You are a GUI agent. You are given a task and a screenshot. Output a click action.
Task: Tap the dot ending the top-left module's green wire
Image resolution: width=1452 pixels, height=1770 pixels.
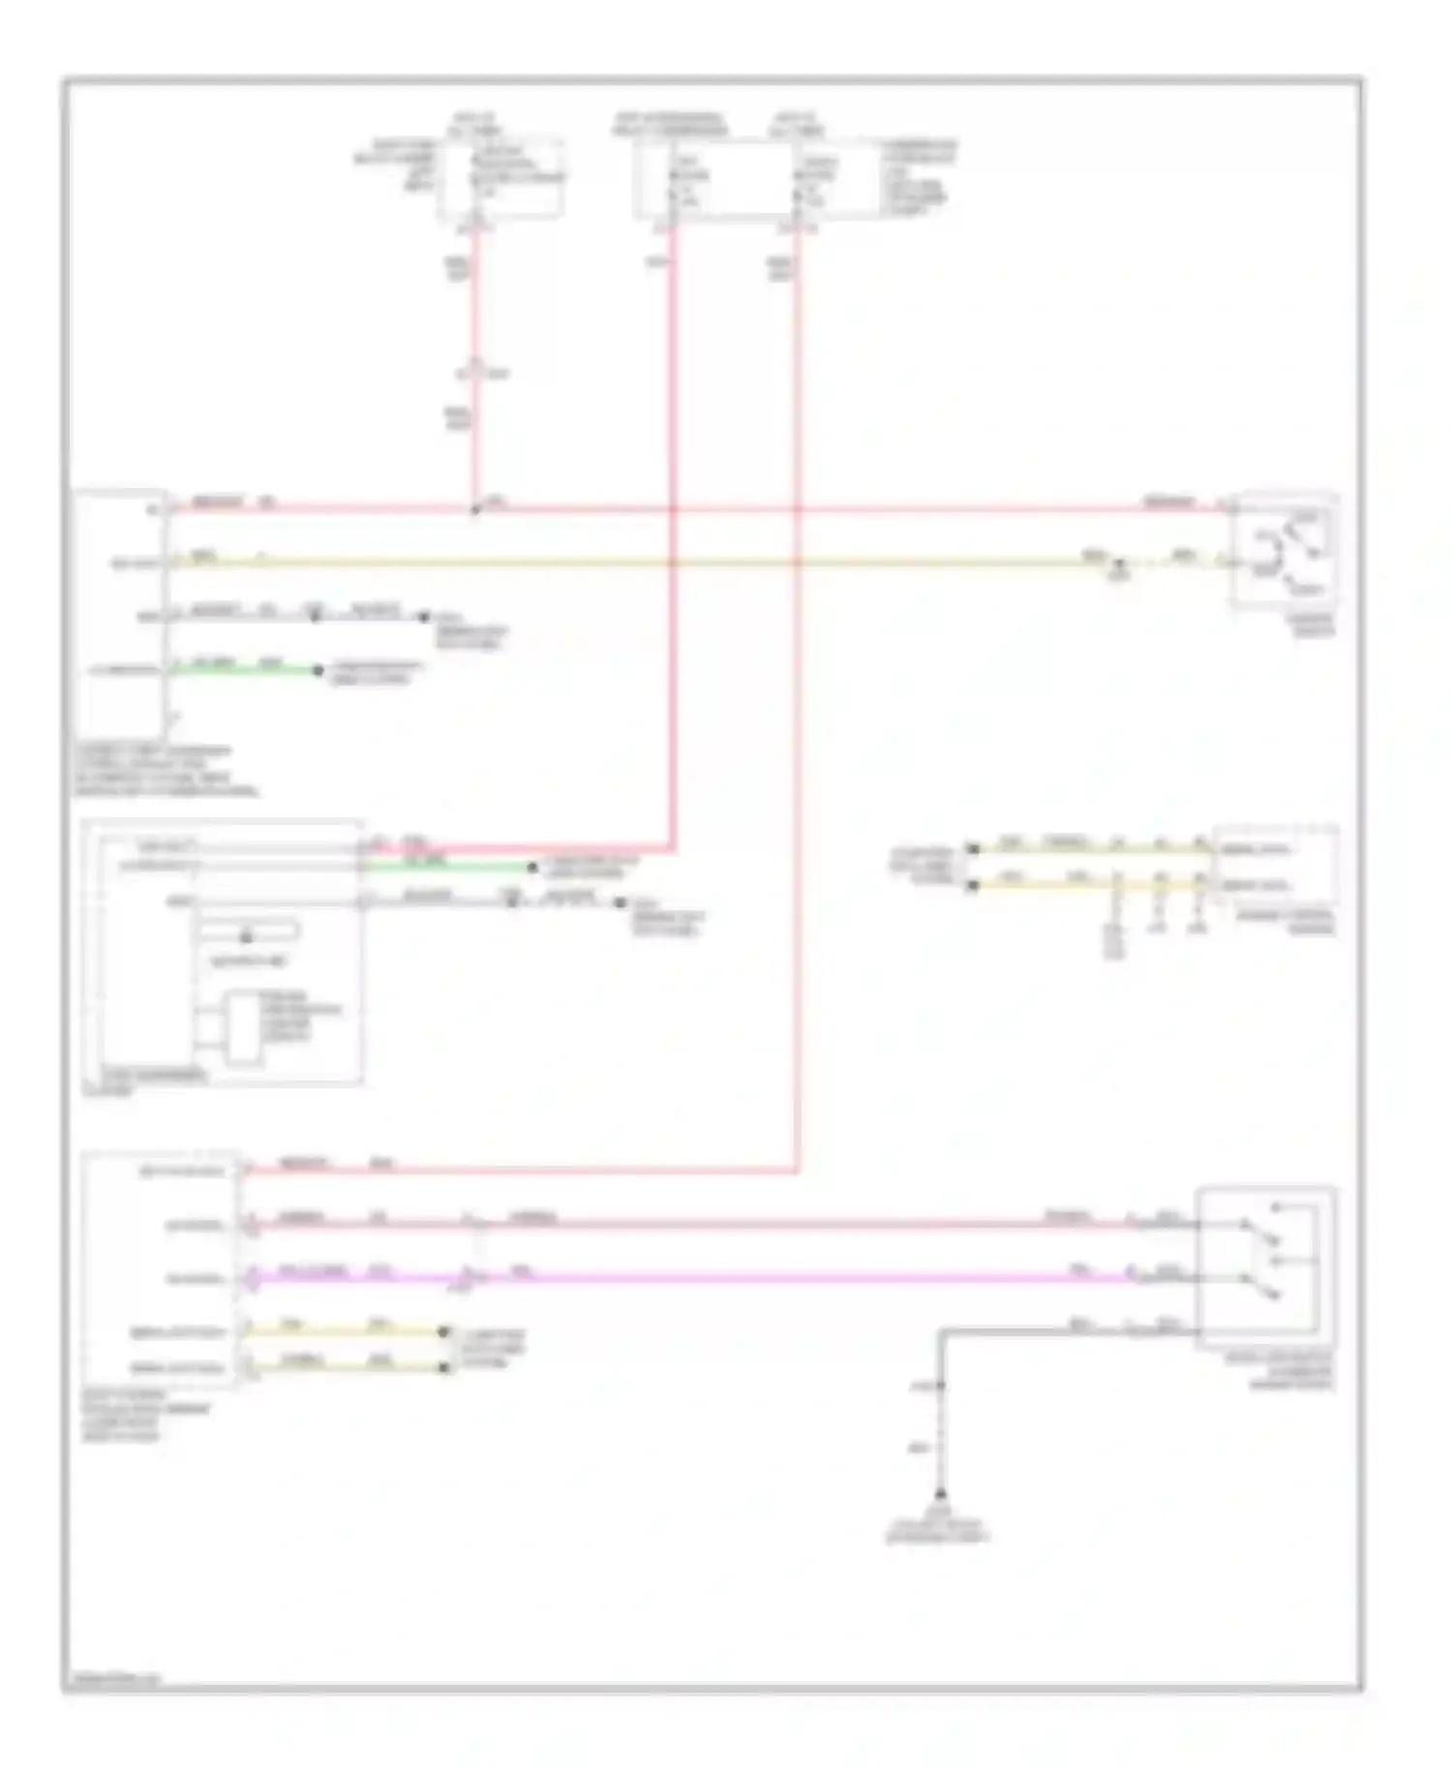pos(318,670)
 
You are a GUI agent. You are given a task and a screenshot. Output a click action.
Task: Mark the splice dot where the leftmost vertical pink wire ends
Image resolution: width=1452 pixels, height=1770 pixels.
pos(474,509)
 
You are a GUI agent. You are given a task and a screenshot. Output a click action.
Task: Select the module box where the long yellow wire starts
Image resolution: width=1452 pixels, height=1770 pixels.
pos(122,616)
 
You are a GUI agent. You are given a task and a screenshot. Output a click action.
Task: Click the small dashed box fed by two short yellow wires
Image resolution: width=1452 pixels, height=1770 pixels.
pos(1276,865)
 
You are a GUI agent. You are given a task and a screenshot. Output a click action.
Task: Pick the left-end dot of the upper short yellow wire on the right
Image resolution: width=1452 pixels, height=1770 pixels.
pos(974,849)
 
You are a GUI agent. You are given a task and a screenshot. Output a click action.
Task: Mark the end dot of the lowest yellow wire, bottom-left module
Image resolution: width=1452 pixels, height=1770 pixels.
pos(444,1367)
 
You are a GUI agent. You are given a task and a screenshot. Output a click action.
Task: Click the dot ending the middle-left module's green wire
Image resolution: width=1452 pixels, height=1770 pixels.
pos(531,868)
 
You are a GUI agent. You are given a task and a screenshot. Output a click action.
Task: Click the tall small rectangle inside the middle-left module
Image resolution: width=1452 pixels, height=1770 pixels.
pos(241,1029)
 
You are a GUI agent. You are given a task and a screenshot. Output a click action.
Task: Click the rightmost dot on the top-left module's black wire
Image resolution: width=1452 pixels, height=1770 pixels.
pos(423,616)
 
